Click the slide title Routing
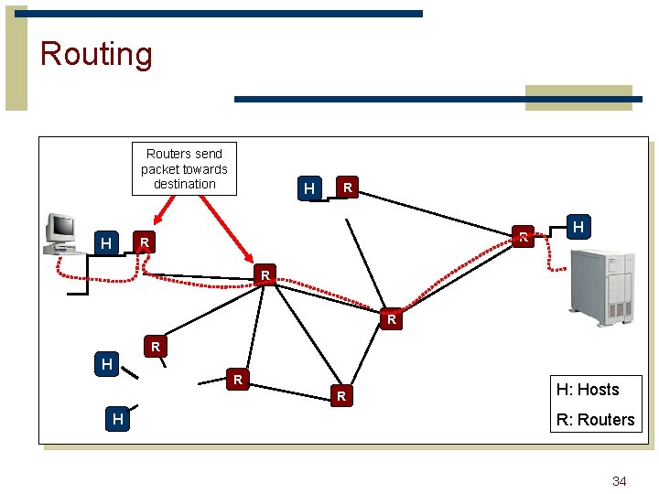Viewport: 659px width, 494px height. [96, 54]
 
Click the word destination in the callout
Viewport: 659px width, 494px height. [184, 184]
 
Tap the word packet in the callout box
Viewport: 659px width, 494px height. [160, 169]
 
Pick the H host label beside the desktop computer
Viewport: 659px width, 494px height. [107, 243]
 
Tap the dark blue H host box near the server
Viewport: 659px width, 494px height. [578, 226]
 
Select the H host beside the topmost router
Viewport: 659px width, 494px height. [309, 188]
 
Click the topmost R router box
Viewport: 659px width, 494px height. [347, 188]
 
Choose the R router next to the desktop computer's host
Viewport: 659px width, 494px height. [144, 243]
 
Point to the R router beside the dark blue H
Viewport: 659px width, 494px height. [523, 236]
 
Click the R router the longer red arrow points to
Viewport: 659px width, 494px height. [265, 274]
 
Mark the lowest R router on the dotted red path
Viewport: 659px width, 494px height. [392, 319]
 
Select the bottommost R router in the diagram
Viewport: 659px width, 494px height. [340, 396]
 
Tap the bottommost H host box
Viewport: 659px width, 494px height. [117, 419]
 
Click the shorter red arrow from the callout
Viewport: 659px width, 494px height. [168, 210]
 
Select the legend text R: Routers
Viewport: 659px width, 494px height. [595, 420]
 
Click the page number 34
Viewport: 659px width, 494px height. [619, 481]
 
